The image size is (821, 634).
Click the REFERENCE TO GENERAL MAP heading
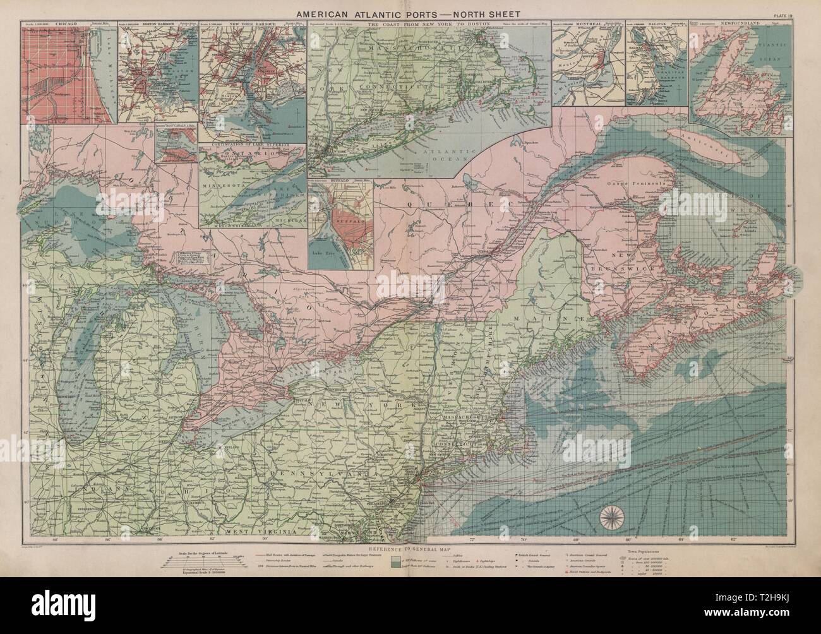409,544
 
